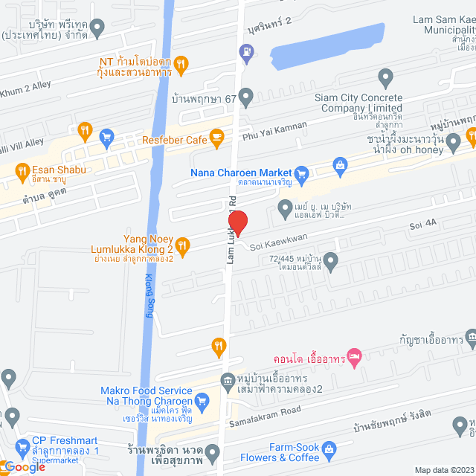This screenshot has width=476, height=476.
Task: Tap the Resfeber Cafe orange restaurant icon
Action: tap(216, 135)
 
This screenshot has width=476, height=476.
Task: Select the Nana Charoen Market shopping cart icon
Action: tap(301, 176)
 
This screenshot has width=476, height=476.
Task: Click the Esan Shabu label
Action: tap(59, 170)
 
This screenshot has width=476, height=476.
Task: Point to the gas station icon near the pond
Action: tap(245, 51)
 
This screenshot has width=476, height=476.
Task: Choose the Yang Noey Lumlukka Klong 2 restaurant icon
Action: tap(184, 243)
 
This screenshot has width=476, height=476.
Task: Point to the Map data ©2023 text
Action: tap(443, 469)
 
